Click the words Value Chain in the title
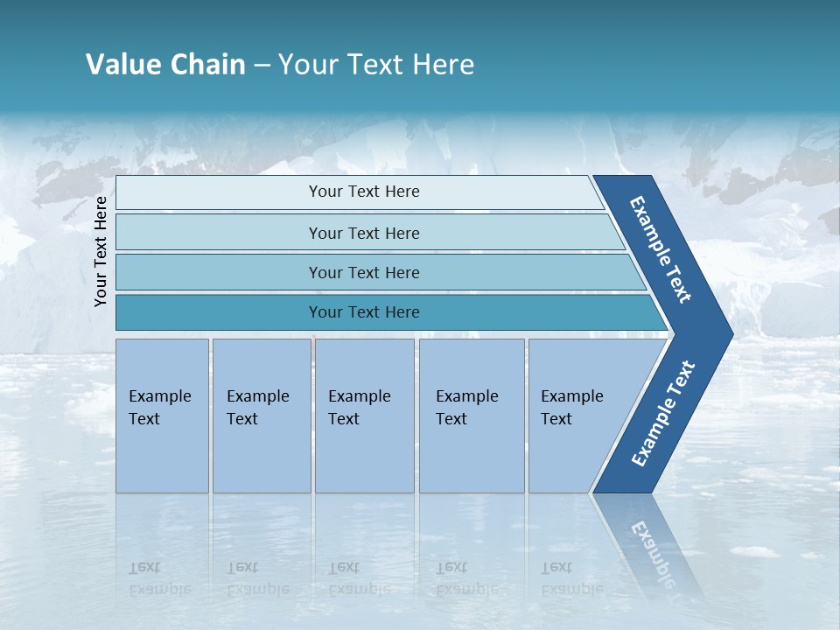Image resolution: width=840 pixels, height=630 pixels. click(x=165, y=65)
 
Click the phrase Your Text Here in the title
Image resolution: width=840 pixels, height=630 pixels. click(x=376, y=65)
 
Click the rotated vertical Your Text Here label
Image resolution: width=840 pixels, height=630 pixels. click(x=101, y=251)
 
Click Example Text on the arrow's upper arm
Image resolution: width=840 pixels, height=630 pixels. click(x=661, y=249)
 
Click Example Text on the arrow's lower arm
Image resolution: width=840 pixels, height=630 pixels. click(x=662, y=414)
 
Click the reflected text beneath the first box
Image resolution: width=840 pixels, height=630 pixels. click(x=159, y=577)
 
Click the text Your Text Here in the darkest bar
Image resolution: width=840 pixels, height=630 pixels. click(x=364, y=312)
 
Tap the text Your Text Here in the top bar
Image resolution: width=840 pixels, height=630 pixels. click(x=364, y=192)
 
